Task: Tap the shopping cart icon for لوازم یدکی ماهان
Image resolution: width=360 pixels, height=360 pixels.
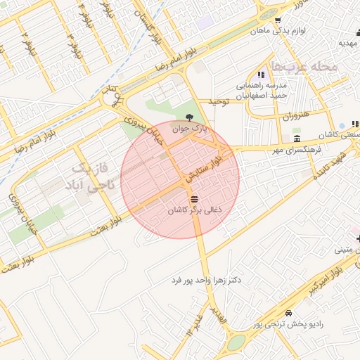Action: click(278, 20)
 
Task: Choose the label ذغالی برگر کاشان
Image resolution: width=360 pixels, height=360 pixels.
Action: click(194, 210)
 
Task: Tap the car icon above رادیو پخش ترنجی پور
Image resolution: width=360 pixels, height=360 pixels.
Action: click(288, 313)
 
